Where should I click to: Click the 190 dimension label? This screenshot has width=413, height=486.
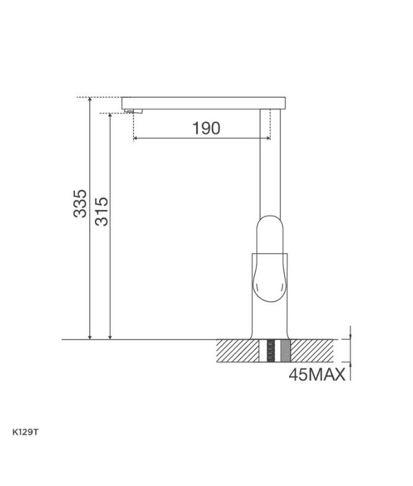point(206,128)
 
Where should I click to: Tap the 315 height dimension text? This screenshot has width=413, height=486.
point(101,211)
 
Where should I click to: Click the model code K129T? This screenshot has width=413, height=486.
point(26,433)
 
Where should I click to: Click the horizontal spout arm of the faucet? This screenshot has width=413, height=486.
point(203,101)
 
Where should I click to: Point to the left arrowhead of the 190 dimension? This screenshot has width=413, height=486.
point(135,139)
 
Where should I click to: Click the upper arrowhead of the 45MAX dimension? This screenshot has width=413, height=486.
point(350,336)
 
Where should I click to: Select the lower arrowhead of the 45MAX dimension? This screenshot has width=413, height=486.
point(350,365)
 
